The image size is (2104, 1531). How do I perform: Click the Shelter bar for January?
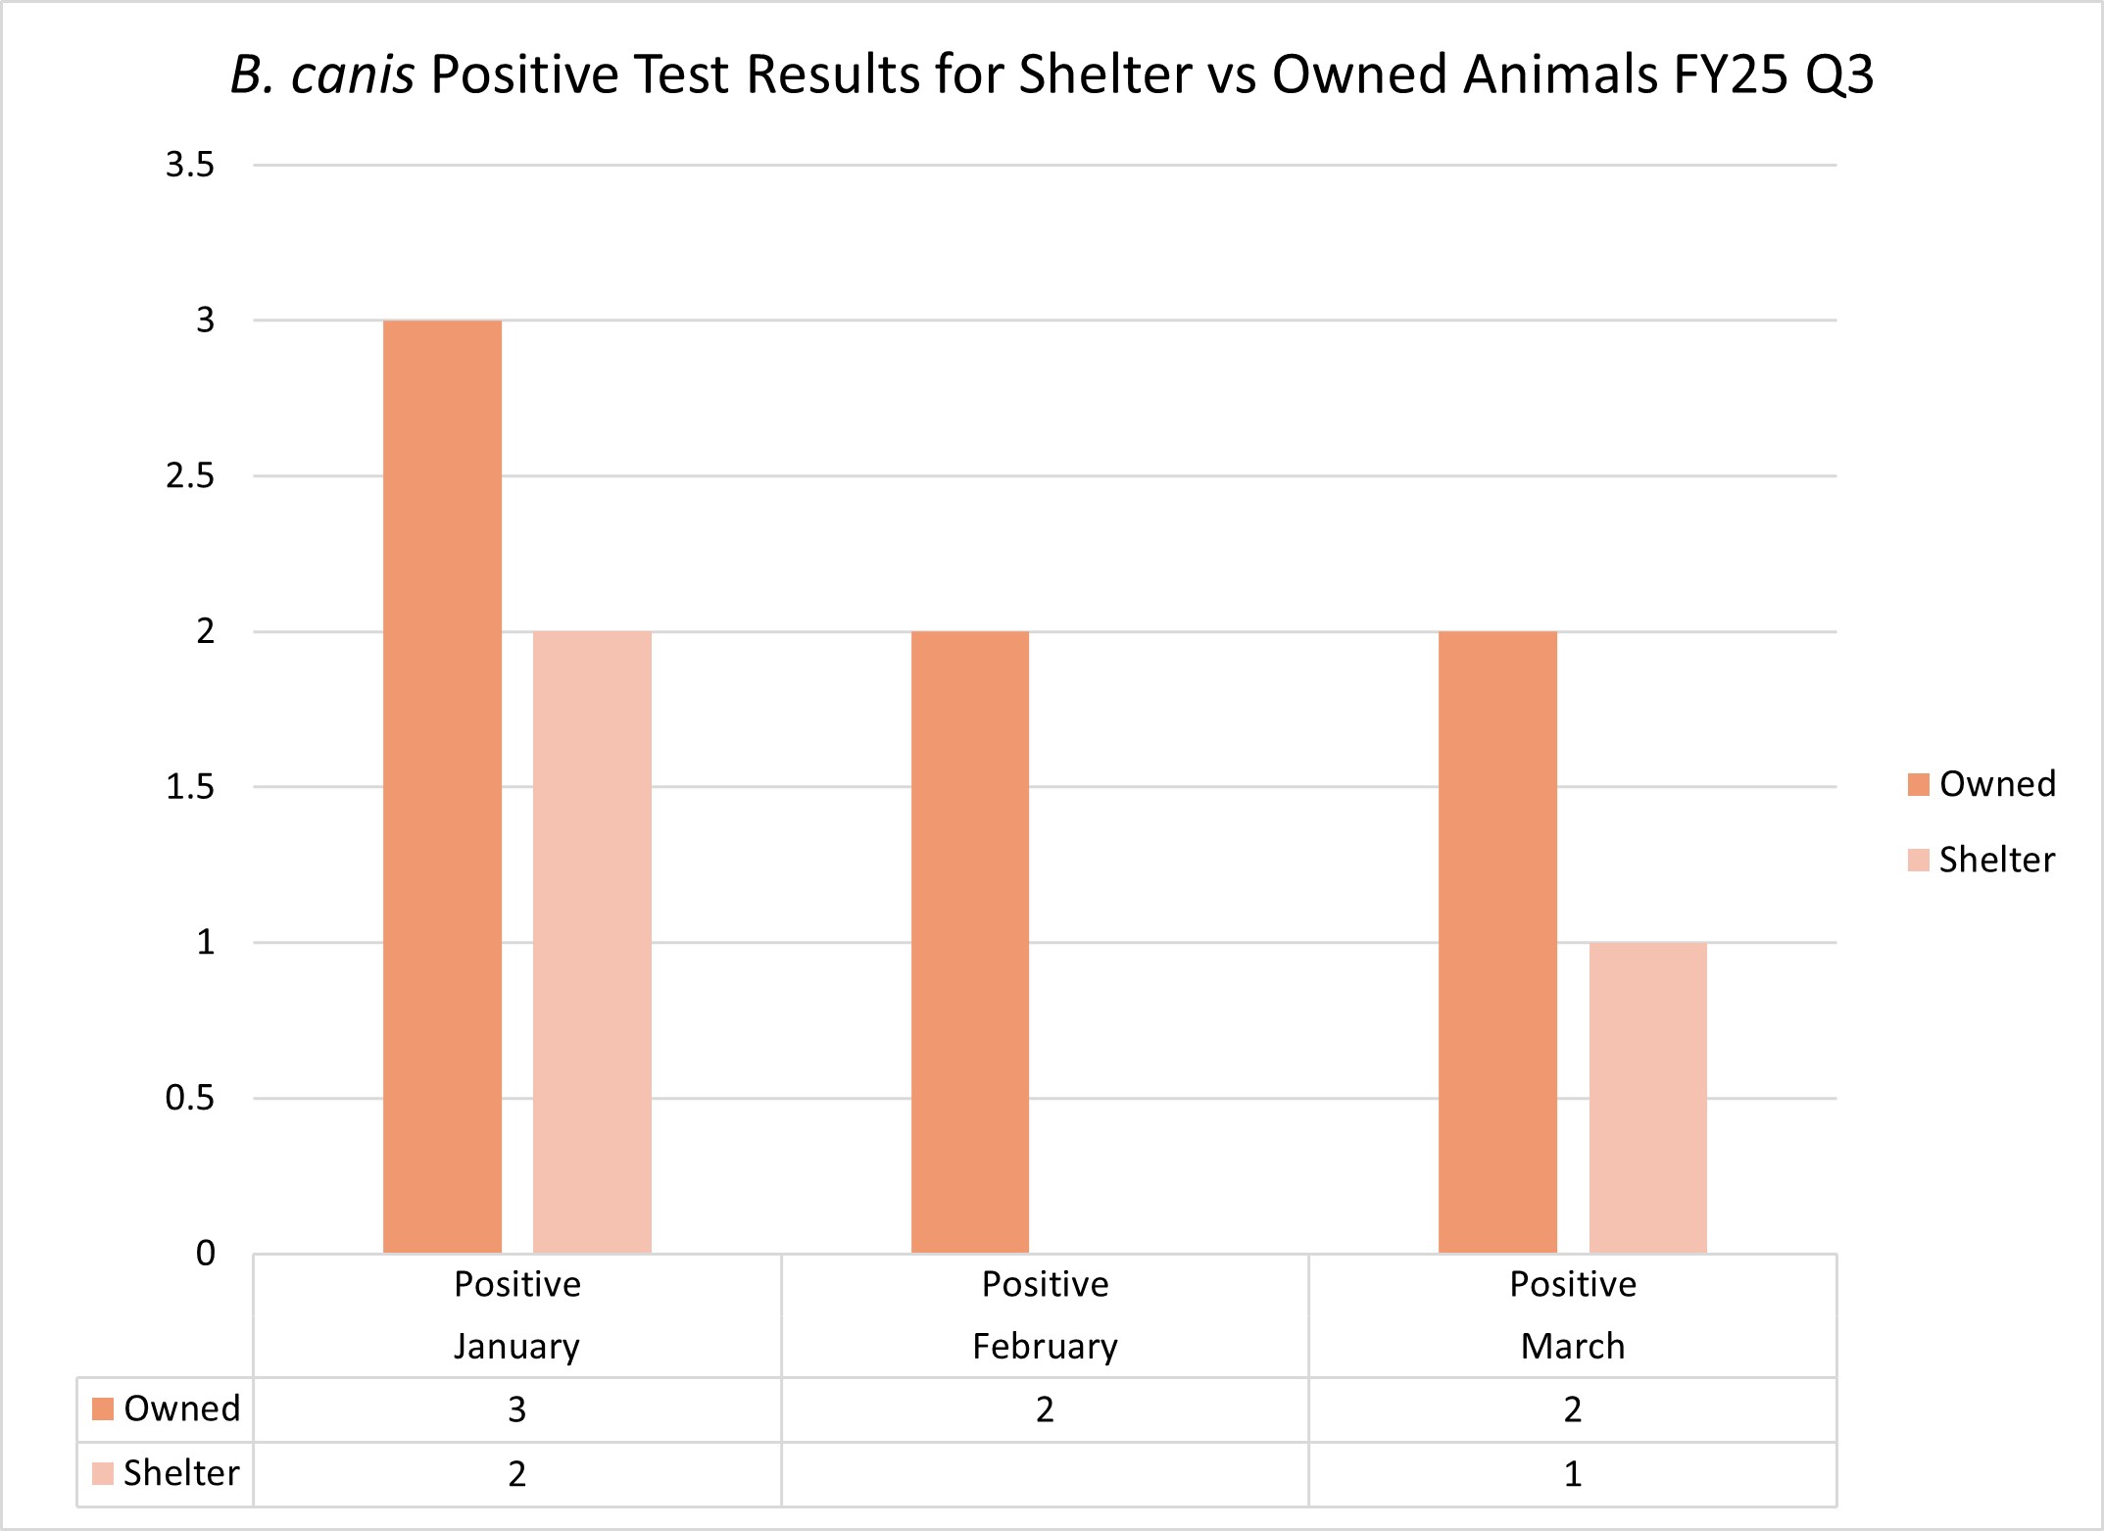coord(592,941)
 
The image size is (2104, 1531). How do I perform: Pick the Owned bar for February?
coord(970,941)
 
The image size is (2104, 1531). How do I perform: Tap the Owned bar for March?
coord(1497,941)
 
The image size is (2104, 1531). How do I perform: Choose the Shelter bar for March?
coord(1647,1097)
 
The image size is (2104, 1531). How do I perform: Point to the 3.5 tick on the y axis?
coord(190,165)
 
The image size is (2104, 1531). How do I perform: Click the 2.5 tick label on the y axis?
coord(190,476)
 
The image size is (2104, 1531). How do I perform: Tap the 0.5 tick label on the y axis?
coord(190,1098)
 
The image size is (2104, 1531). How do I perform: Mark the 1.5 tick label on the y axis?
coord(190,786)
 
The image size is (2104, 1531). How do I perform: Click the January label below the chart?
coord(516,1346)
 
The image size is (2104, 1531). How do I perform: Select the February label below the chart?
coord(1045,1346)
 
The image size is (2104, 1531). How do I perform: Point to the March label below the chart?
coord(1572,1346)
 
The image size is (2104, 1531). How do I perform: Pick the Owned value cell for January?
coord(516,1409)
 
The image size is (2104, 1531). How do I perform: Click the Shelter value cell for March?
coord(1572,1474)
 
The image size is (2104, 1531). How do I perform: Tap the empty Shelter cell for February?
coord(1045,1474)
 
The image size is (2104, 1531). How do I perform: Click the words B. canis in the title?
coord(322,74)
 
